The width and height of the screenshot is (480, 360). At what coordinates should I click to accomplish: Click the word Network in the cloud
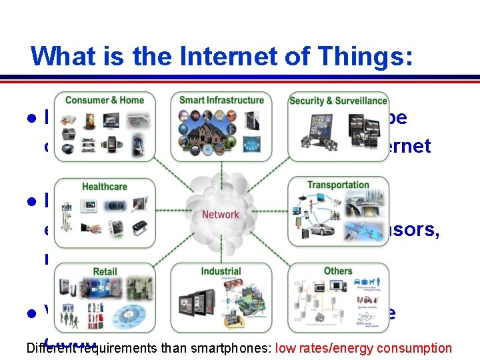pyautogui.click(x=220, y=214)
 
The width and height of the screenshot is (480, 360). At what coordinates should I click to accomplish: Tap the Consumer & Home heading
pyautogui.click(x=105, y=100)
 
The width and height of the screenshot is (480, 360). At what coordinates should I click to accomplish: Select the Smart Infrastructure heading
pyautogui.click(x=221, y=100)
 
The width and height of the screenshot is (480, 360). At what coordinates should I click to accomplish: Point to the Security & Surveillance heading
pyautogui.click(x=338, y=101)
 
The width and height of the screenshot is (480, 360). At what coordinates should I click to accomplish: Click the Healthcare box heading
pyautogui.click(x=104, y=187)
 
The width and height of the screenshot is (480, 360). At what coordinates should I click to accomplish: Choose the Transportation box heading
pyautogui.click(x=338, y=185)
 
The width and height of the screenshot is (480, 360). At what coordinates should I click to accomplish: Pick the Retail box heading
pyautogui.click(x=105, y=271)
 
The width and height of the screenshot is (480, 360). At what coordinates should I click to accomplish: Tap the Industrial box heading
pyautogui.click(x=221, y=271)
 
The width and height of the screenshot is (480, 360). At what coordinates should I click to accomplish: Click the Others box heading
pyautogui.click(x=338, y=271)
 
